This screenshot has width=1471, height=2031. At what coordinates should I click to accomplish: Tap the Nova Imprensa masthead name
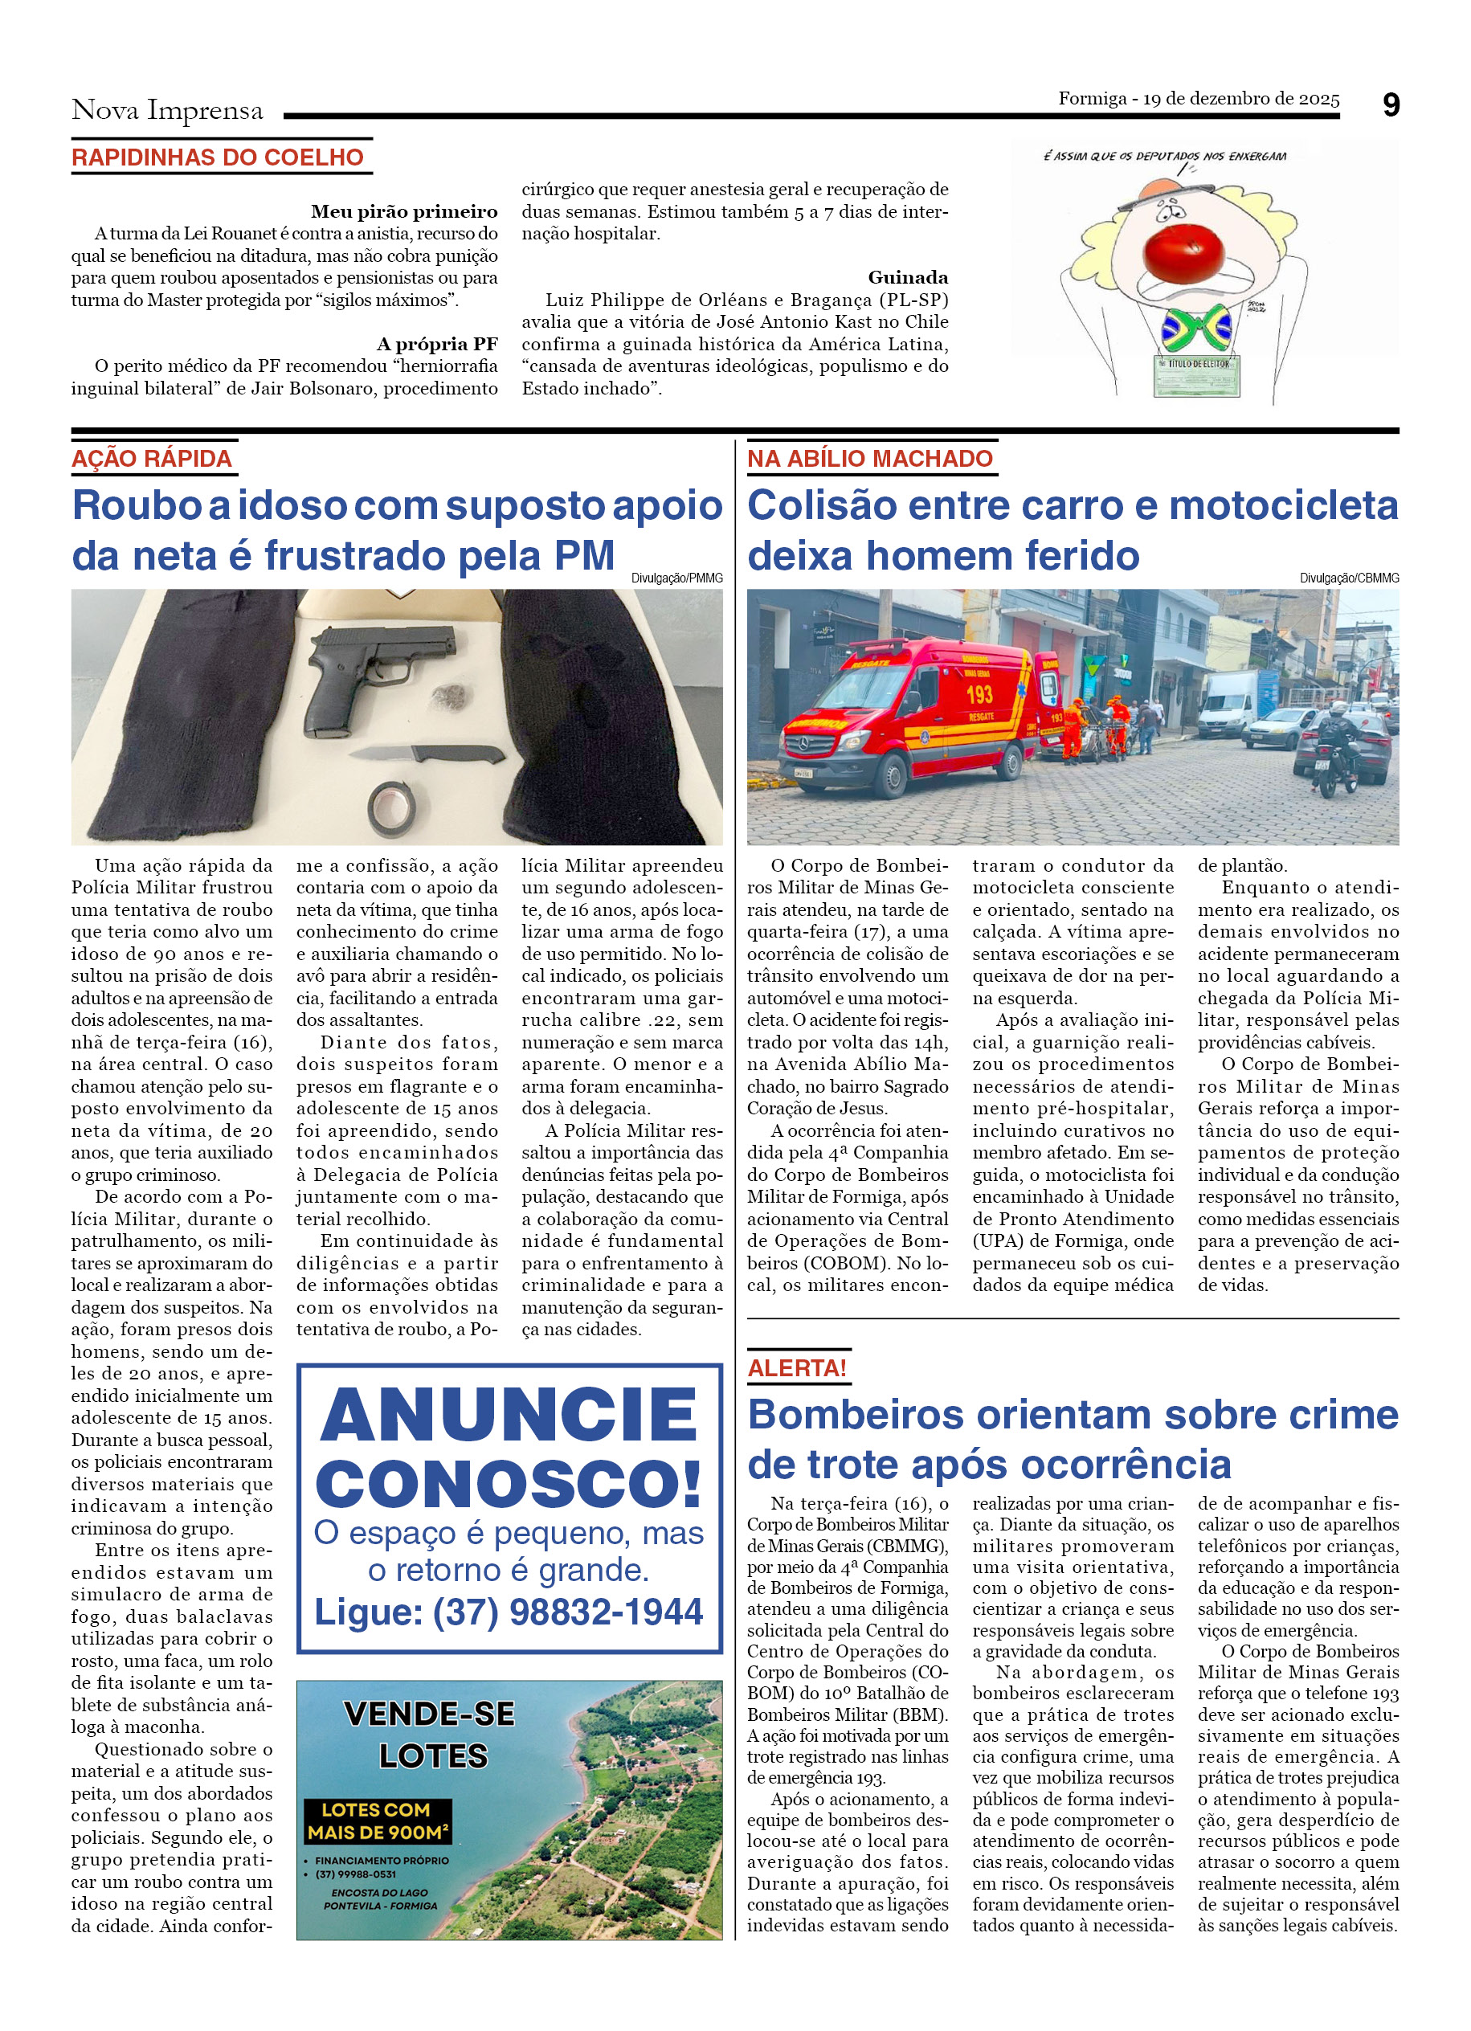[167, 111]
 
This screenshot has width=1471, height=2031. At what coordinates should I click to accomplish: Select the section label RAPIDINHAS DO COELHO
[218, 157]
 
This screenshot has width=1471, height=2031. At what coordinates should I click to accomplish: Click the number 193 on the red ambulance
[979, 694]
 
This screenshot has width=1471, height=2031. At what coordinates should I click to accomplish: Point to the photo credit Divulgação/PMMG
[677, 578]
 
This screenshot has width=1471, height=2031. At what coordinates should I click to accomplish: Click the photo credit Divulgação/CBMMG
[1348, 578]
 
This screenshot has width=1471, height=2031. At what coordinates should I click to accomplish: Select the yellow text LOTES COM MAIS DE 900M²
[377, 1821]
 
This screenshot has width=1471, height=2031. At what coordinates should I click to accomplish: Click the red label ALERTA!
[797, 1368]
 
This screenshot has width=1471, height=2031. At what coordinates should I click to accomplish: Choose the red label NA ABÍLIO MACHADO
[869, 460]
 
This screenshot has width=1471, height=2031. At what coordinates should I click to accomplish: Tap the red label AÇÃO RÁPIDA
[151, 460]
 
